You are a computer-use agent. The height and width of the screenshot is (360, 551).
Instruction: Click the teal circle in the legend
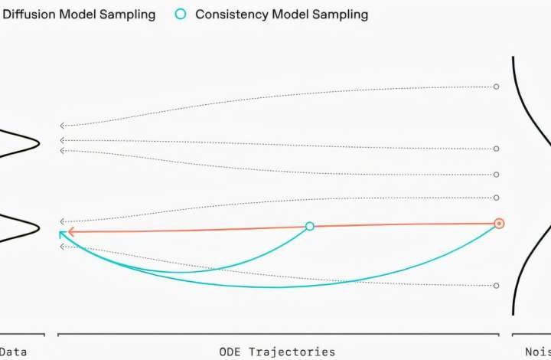(181, 15)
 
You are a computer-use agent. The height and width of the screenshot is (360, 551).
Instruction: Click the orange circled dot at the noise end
(499, 224)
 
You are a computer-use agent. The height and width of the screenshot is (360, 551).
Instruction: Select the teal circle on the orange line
(310, 226)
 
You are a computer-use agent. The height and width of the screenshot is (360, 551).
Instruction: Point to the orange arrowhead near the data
(70, 231)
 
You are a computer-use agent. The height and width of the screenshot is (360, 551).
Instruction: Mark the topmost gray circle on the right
(496, 87)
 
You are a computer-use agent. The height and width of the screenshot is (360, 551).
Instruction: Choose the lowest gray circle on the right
(496, 286)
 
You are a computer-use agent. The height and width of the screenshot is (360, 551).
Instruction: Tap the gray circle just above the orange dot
(496, 198)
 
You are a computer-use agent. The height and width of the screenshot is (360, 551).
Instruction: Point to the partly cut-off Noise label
(536, 352)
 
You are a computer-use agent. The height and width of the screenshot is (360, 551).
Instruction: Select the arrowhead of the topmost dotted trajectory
(62, 126)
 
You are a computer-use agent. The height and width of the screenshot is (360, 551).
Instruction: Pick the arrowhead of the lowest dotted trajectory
(62, 246)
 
